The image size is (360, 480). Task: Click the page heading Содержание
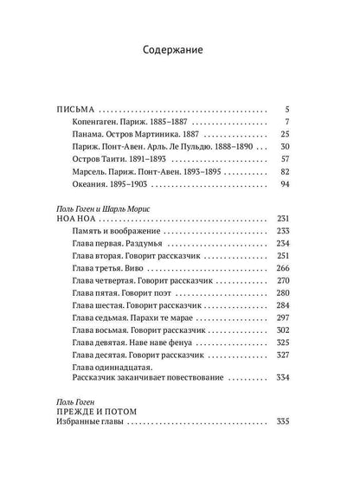pos(180,50)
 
